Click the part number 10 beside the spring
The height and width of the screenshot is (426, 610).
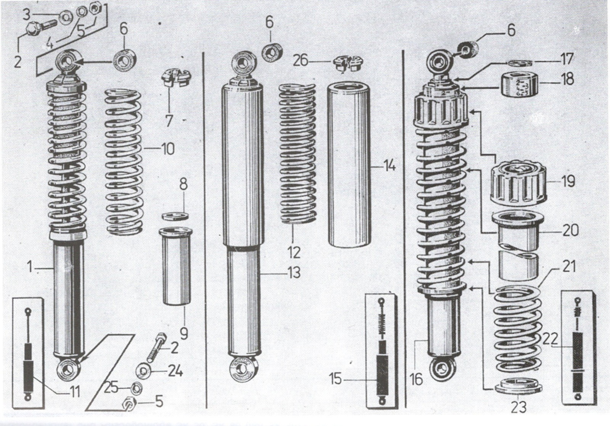(168, 149)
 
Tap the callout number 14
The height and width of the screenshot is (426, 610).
(389, 166)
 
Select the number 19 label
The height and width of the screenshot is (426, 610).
(568, 181)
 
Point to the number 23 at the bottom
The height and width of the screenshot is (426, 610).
(518, 407)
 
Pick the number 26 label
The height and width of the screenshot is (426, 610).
(300, 60)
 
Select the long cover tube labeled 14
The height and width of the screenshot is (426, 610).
(346, 166)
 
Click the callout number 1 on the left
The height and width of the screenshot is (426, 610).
(30, 267)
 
